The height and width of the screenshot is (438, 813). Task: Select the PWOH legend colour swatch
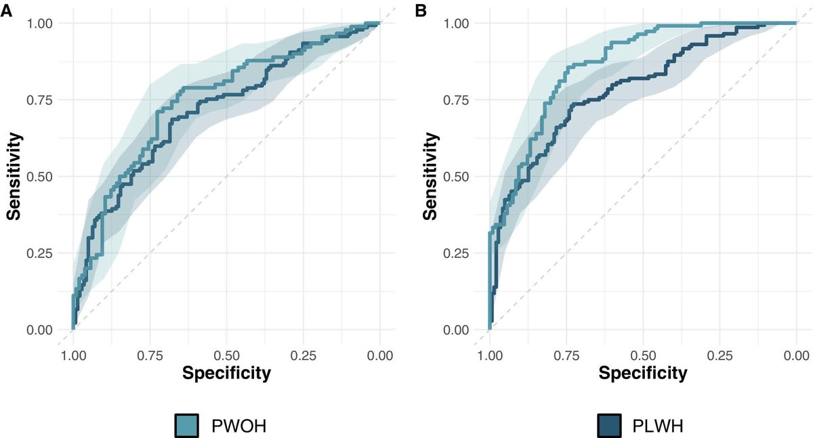186,425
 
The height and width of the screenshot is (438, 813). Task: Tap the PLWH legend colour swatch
610,425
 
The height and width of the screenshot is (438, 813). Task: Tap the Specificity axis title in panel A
226,372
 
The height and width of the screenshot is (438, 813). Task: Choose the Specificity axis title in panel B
642,372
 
